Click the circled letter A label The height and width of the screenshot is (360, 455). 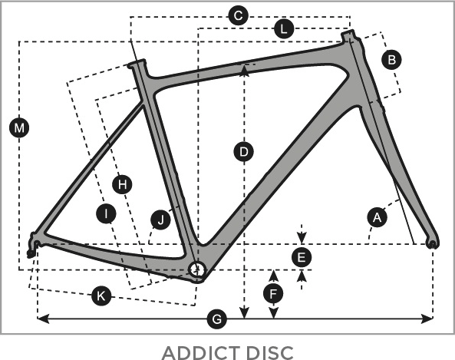pyautogui.click(x=377, y=217)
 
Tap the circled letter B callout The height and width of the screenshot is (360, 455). pyautogui.click(x=391, y=60)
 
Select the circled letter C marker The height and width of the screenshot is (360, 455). pyautogui.click(x=238, y=15)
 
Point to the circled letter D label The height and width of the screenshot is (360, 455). pyautogui.click(x=244, y=151)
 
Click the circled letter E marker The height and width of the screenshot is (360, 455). pyautogui.click(x=302, y=257)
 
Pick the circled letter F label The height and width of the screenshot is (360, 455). pyautogui.click(x=273, y=294)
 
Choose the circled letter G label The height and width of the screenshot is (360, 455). pyautogui.click(x=217, y=319)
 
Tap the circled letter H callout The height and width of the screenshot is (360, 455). pyautogui.click(x=122, y=184)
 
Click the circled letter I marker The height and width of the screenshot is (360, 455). pyautogui.click(x=106, y=213)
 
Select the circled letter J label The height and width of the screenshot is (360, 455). pyautogui.click(x=161, y=220)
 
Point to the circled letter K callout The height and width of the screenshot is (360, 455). pyautogui.click(x=101, y=296)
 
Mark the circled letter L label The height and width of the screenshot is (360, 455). pyautogui.click(x=284, y=28)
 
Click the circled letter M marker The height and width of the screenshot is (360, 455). pyautogui.click(x=19, y=127)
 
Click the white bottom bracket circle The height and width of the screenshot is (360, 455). pyautogui.click(x=197, y=269)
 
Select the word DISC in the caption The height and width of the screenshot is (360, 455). pyautogui.click(x=270, y=352)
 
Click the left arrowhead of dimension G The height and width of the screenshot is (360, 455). pyautogui.click(x=43, y=319)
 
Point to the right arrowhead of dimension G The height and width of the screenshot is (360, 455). pyautogui.click(x=427, y=319)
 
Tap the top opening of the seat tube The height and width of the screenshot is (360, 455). pyautogui.click(x=137, y=62)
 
